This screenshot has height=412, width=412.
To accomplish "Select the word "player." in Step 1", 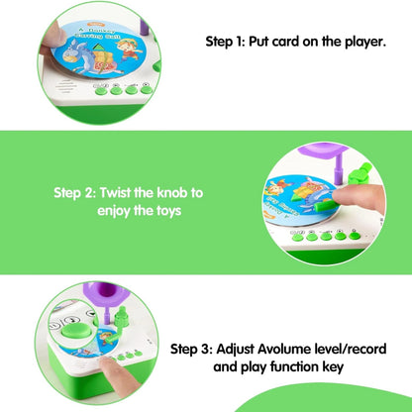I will point(361,43).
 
